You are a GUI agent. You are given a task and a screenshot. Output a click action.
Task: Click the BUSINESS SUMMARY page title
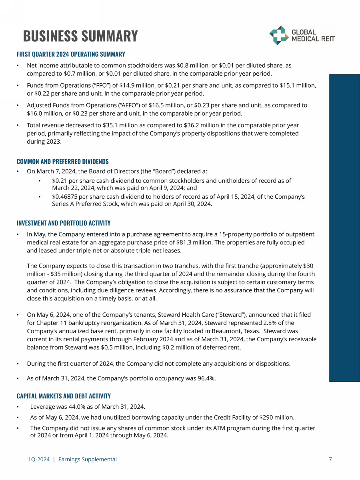click(80, 36)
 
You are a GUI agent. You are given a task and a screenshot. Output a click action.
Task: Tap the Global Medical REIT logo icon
click(279, 35)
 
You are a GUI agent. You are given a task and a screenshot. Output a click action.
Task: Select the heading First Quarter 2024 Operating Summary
click(71, 54)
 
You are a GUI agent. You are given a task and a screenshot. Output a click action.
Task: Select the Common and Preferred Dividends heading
click(62, 162)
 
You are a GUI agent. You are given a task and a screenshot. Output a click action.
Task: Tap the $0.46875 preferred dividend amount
click(66, 196)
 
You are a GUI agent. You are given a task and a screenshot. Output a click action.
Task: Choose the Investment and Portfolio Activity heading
click(64, 223)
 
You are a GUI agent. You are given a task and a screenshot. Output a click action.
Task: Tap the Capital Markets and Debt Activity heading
click(64, 396)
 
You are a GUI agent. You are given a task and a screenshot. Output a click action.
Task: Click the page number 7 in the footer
click(330, 459)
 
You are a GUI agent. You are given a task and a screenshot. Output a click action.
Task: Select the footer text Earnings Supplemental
click(88, 459)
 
